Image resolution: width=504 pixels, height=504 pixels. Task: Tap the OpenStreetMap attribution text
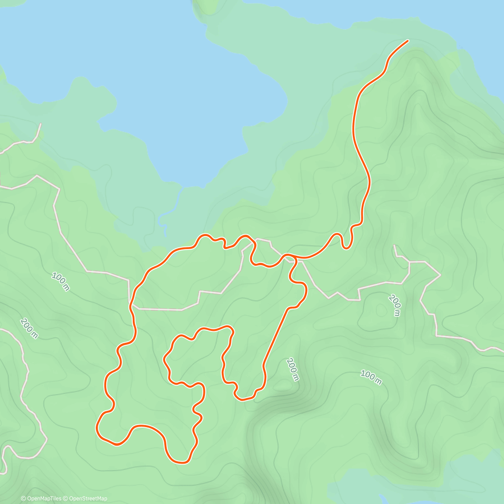click(88, 499)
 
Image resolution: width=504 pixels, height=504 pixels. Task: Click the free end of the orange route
click(407, 41)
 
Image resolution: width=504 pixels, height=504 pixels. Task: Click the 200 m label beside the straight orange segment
click(292, 369)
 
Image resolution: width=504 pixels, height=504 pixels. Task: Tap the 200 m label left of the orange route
click(29, 328)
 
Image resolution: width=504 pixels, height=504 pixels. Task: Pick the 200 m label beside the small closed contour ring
click(395, 305)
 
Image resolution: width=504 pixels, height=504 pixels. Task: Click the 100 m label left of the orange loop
click(60, 281)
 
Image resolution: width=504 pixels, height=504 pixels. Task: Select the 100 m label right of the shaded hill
click(371, 377)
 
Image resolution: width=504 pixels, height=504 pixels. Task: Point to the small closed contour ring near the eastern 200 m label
click(381, 310)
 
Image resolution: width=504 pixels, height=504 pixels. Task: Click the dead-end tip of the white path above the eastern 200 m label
click(394, 245)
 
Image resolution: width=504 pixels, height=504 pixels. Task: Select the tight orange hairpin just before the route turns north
click(346, 246)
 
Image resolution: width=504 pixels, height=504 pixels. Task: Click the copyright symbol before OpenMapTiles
click(24, 499)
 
